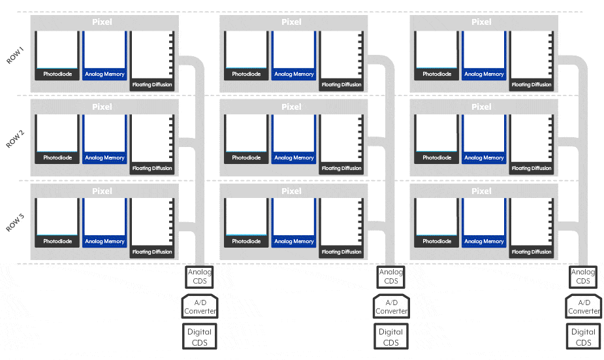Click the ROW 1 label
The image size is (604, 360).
click(x=16, y=54)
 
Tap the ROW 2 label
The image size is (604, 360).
click(x=16, y=139)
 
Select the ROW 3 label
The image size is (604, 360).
click(x=16, y=222)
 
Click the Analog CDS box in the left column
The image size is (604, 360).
click(x=199, y=276)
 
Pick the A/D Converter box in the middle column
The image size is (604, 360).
click(x=391, y=306)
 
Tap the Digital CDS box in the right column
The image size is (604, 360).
click(x=583, y=336)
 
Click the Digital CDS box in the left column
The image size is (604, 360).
click(x=199, y=336)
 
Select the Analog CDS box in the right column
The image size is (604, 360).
click(x=583, y=276)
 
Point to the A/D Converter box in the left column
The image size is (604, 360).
click(x=199, y=306)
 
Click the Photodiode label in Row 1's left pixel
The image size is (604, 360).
click(x=57, y=74)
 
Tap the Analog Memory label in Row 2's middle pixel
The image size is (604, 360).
click(x=294, y=158)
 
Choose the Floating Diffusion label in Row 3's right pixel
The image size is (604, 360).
click(x=532, y=252)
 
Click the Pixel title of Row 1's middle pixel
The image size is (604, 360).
click(x=292, y=22)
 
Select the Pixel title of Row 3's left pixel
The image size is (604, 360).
click(x=102, y=191)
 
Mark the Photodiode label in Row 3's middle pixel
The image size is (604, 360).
click(x=246, y=242)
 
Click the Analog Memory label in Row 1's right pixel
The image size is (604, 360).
click(x=484, y=74)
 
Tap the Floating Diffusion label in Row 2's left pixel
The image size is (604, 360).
click(x=152, y=169)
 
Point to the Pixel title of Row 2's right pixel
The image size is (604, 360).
click(x=481, y=106)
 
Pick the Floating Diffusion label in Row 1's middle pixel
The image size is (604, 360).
click(x=342, y=85)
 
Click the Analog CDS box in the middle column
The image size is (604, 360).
click(x=391, y=276)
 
